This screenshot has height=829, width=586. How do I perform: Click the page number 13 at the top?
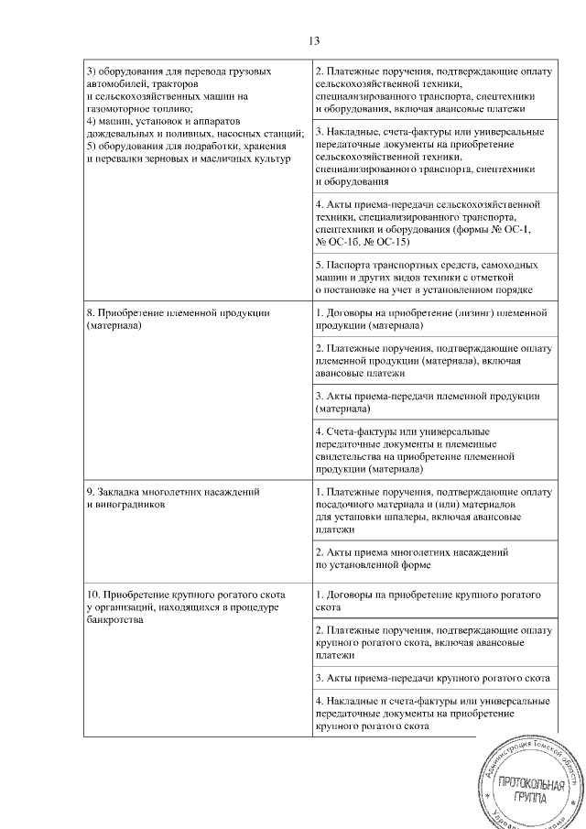pos(313,41)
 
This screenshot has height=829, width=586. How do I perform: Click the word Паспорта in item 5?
pos(347,263)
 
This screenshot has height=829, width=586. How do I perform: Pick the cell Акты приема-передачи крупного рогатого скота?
pos(431,678)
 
